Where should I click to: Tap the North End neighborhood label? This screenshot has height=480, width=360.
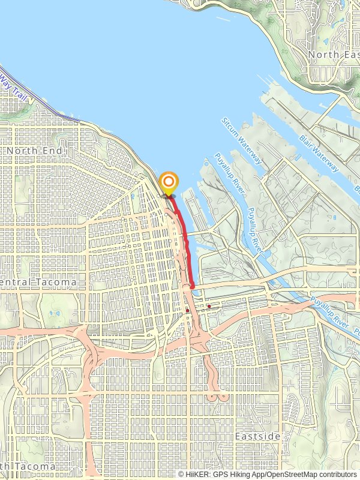point(35,151)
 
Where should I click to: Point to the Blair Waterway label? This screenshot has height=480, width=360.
point(320,154)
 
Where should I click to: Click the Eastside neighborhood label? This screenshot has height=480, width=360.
point(257,436)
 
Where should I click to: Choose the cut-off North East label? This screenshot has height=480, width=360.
point(334,55)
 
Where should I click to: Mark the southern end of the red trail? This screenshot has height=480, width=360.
point(192,288)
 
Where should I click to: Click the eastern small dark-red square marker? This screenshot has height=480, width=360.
point(209,307)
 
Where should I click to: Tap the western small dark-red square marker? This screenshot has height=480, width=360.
point(188,311)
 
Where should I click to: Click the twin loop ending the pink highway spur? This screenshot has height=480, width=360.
point(215,397)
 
